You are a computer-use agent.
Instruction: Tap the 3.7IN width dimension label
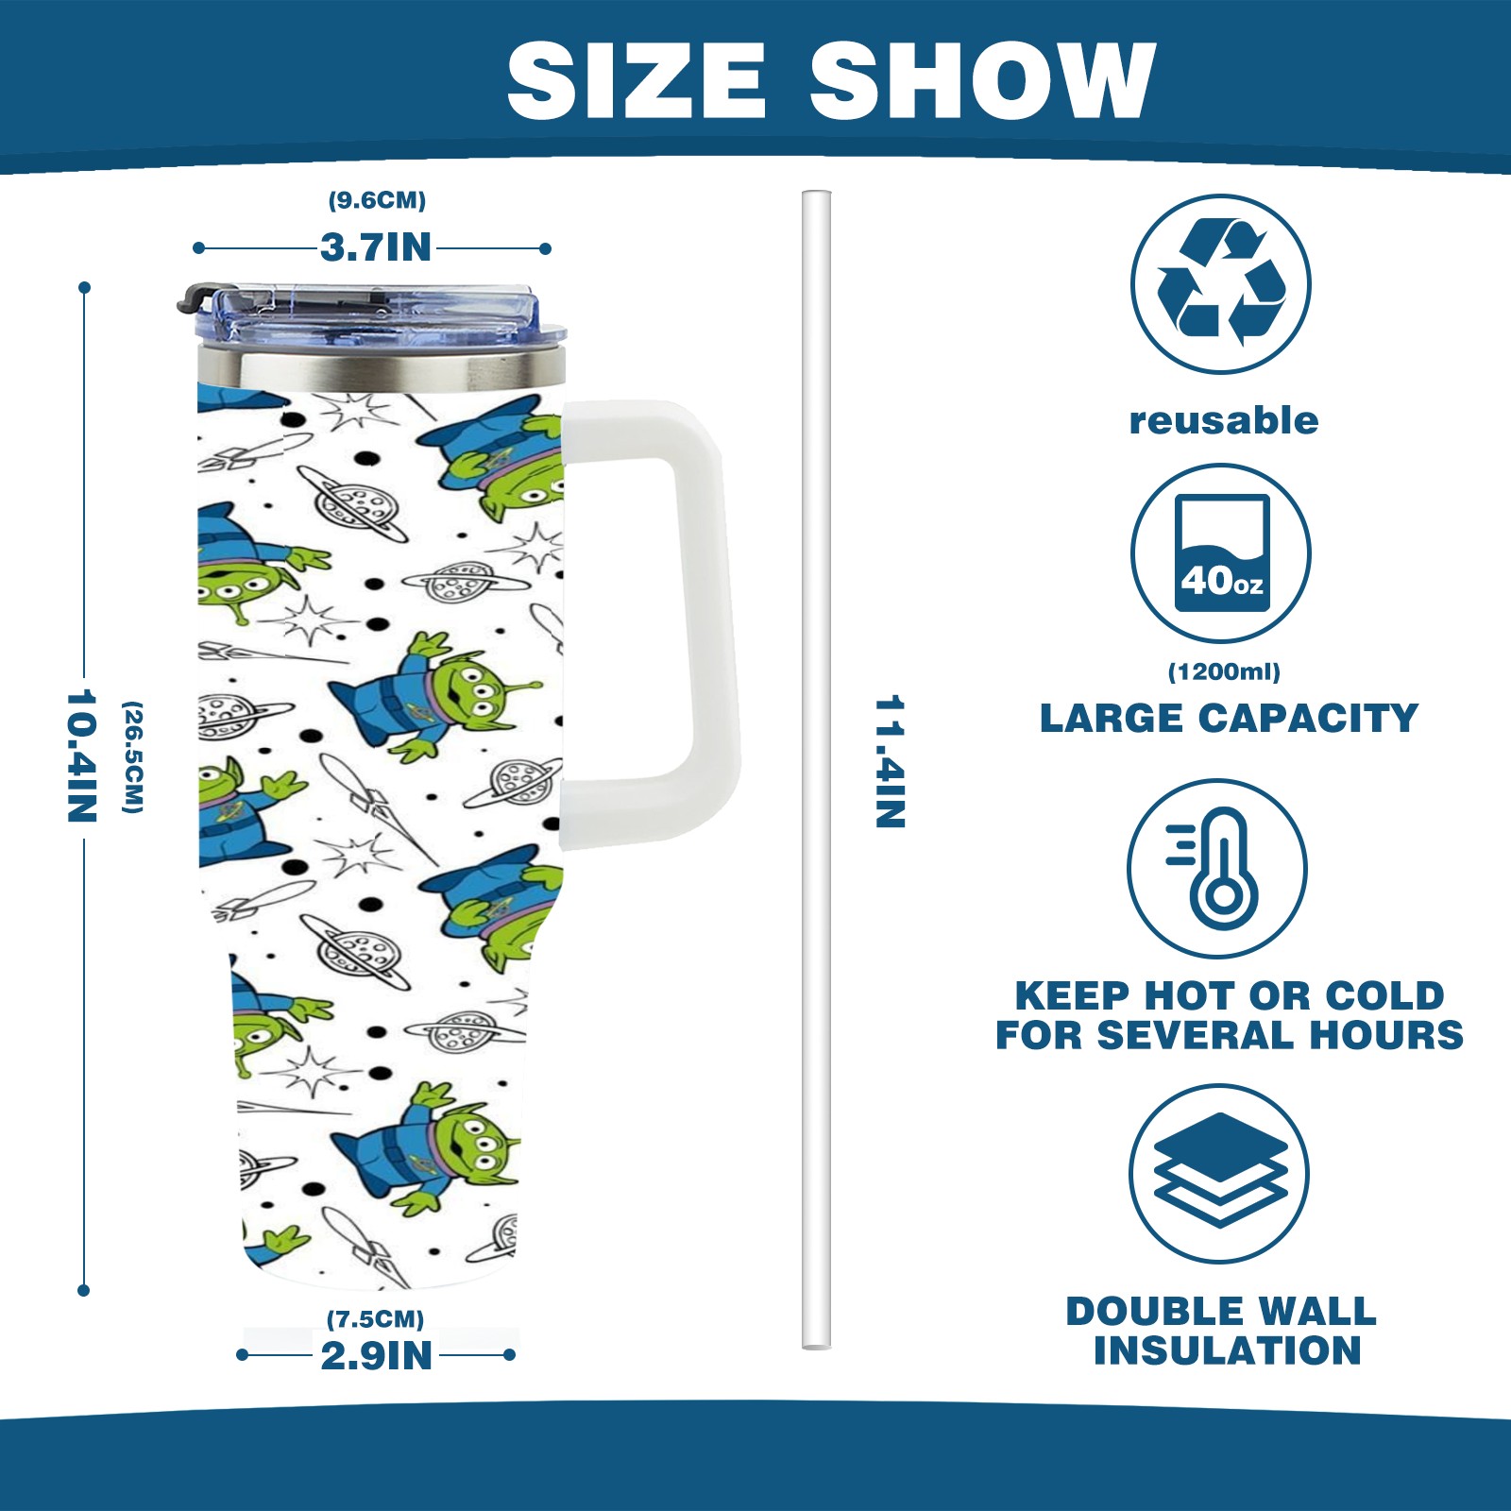coord(375,248)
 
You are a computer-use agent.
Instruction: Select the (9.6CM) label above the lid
coord(377,200)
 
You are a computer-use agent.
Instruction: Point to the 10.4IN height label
coord(82,755)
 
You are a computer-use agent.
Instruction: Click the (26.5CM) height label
coord(133,756)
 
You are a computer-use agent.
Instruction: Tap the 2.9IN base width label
coord(376,1356)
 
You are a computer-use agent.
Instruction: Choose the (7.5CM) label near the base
coord(375,1318)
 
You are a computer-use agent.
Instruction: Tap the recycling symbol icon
coord(1220,283)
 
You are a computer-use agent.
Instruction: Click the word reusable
coord(1224,420)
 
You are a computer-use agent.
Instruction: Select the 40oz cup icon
coord(1221,553)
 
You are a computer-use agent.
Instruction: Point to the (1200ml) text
coord(1224,671)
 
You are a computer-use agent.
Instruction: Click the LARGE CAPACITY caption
coord(1229,719)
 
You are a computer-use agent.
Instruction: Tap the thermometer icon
coord(1217,869)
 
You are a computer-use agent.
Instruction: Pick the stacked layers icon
coord(1219,1173)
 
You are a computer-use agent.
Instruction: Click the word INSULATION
coord(1228,1350)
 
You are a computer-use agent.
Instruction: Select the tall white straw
coord(816,770)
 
